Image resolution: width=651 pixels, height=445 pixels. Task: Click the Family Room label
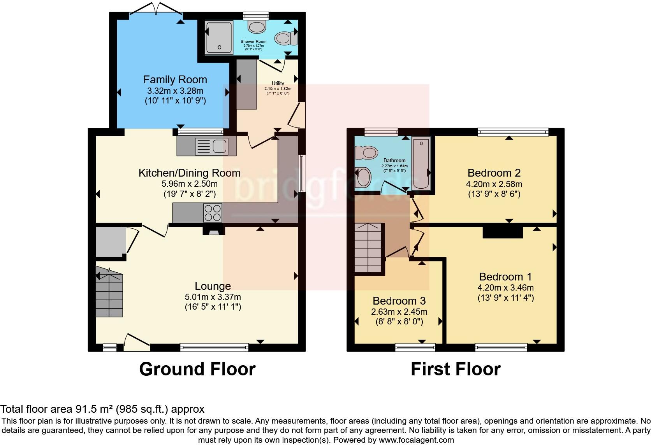pyautogui.click(x=175, y=80)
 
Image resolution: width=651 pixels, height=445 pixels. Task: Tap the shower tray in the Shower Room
pyautogui.click(x=219, y=37)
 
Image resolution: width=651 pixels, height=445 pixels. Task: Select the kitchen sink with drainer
pyautogui.click(x=206, y=147)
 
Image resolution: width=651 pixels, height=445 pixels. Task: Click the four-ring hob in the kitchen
pyautogui.click(x=213, y=213)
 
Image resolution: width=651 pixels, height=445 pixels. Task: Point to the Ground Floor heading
pyautogui.click(x=197, y=369)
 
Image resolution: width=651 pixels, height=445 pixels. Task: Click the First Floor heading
pyautogui.click(x=456, y=369)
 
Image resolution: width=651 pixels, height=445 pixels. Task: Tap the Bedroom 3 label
pyautogui.click(x=399, y=301)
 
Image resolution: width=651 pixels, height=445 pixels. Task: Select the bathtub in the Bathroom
pyautogui.click(x=421, y=163)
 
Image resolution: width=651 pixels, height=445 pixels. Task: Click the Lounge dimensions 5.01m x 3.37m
pyautogui.click(x=213, y=297)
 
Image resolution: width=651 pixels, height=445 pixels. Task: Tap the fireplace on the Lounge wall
pyautogui.click(x=214, y=231)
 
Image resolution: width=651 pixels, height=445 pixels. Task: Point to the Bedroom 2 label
pyautogui.click(x=494, y=173)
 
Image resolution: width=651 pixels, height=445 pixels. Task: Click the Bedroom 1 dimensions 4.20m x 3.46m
pyautogui.click(x=505, y=288)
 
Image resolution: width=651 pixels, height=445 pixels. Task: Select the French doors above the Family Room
pyautogui.click(x=156, y=9)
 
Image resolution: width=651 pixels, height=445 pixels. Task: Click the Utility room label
pyautogui.click(x=278, y=83)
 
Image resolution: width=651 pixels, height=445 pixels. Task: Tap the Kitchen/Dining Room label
pyautogui.click(x=189, y=173)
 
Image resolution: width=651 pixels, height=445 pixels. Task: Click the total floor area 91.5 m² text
pyautogui.click(x=102, y=409)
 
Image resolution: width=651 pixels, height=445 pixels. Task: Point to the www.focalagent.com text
pyautogui.click(x=416, y=440)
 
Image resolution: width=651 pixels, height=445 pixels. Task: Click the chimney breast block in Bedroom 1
pyautogui.click(x=503, y=232)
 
